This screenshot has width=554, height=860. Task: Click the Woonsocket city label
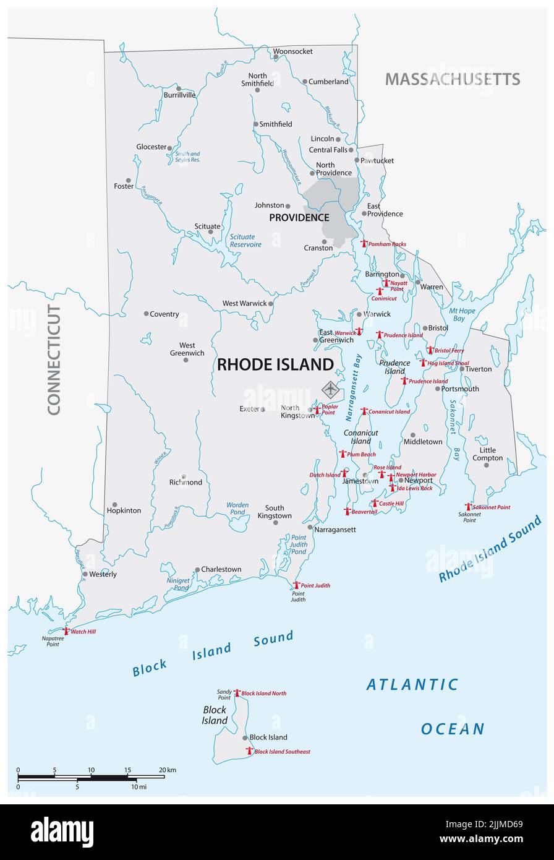[293, 51]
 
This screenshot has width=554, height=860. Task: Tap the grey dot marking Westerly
[85, 574]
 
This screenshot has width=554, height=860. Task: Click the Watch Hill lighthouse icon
[66, 631]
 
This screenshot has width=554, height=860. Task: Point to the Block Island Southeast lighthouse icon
[249, 751]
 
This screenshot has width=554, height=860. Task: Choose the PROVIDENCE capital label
[299, 218]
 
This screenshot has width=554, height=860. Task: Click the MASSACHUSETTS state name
[452, 79]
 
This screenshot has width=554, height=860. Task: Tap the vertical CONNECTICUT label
[54, 359]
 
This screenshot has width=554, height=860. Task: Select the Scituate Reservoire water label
[242, 241]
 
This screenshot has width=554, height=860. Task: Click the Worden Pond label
[237, 509]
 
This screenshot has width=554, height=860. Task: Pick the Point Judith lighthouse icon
[296, 585]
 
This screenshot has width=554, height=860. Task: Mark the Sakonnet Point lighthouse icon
[468, 507]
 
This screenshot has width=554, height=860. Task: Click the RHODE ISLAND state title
[275, 365]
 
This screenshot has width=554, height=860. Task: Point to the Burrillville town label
[179, 95]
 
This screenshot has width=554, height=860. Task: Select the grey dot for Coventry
[147, 314]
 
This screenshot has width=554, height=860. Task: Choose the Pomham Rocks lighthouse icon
[364, 244]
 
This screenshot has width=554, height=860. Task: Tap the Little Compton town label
[487, 454]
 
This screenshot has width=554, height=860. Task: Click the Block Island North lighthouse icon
[236, 693]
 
